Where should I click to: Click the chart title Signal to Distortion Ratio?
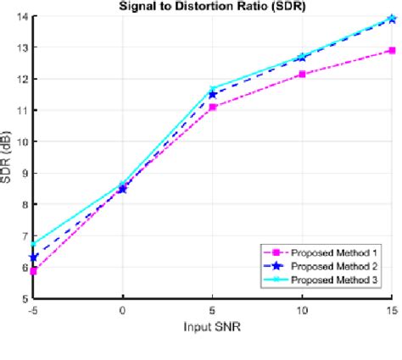[x=212, y=6]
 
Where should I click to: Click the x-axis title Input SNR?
[x=212, y=326]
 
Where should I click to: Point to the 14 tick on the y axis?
[x=22, y=17]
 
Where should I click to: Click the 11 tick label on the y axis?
[x=22, y=111]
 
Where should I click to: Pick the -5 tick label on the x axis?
[x=32, y=311]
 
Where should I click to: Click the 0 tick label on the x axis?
[x=123, y=311]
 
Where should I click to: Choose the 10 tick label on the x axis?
[x=302, y=311]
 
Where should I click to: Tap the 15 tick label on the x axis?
[x=390, y=311]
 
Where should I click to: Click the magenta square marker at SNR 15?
[x=392, y=51]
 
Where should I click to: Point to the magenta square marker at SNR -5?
[x=33, y=271]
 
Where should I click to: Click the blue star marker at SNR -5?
[x=33, y=258]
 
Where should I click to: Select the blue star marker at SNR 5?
[x=213, y=94]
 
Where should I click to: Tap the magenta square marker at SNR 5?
[x=213, y=107]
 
